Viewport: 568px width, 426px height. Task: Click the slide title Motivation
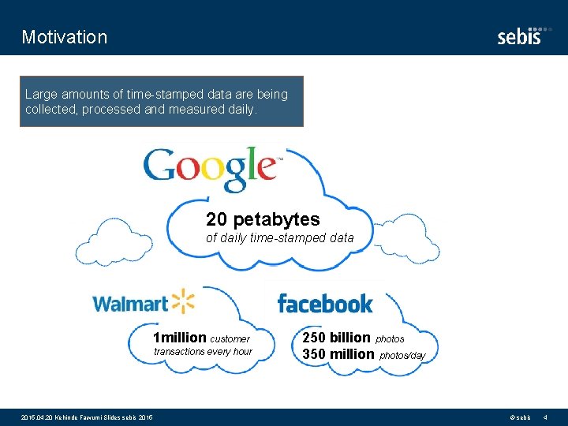point(65,37)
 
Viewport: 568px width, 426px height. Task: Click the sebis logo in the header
point(521,36)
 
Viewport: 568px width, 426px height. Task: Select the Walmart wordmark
point(131,304)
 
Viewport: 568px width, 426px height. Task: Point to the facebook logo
point(325,303)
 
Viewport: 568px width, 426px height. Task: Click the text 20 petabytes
point(263,219)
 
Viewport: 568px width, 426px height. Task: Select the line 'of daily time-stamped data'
point(280,237)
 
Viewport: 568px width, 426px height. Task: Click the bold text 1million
point(181,338)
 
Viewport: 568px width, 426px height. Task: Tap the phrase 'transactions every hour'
point(203,352)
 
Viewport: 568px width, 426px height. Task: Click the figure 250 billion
point(336,338)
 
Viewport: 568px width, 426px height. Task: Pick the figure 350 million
point(338,354)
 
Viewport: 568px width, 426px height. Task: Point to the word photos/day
point(402,356)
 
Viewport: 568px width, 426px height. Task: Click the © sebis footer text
point(521,417)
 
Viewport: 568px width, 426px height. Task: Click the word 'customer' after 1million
point(230,339)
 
